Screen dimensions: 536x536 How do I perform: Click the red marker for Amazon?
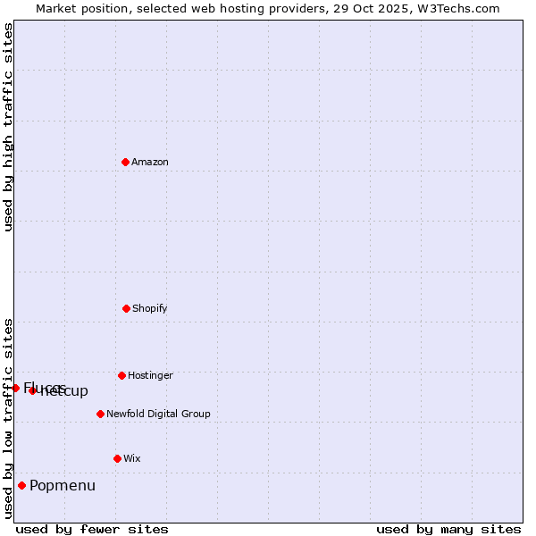(x=125, y=162)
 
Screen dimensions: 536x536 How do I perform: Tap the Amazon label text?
(x=150, y=163)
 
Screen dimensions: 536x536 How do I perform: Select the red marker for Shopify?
(x=126, y=308)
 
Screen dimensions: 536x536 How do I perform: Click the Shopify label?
(x=150, y=309)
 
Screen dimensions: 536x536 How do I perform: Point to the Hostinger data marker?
(x=121, y=375)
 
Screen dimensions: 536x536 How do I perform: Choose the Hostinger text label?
(x=150, y=376)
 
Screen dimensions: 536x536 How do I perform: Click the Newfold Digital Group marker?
(x=100, y=414)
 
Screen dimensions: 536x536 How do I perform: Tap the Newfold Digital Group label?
(x=158, y=415)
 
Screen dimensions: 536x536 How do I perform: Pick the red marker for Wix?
(x=117, y=458)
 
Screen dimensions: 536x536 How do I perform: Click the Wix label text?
(x=132, y=459)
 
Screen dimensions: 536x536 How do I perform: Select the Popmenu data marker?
(x=21, y=486)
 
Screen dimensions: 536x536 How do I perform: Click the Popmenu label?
(x=63, y=486)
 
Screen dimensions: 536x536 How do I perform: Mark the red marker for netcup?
(x=32, y=390)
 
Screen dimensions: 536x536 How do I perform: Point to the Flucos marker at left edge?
(x=15, y=388)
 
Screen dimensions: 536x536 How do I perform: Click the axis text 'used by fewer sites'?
(x=92, y=529)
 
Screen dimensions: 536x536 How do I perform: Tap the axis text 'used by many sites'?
(x=448, y=529)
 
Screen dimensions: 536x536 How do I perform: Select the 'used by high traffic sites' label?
(x=8, y=127)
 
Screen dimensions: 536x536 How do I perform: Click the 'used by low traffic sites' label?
(x=8, y=418)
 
